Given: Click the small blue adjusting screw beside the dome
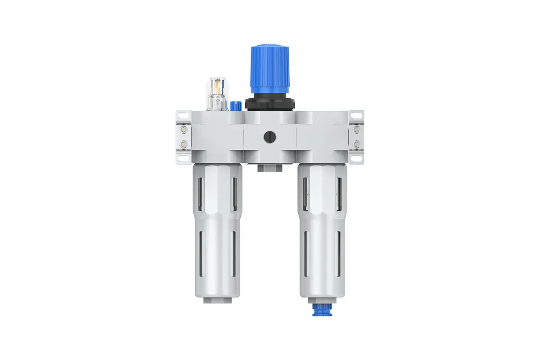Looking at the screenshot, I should click(233, 107).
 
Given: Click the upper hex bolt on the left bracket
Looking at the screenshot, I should click(183, 130).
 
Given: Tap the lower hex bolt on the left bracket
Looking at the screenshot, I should click(183, 144).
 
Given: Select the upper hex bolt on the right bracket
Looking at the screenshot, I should click(357, 130).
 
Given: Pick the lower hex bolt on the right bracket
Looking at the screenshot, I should click(357, 144).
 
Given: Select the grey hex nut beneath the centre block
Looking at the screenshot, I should click(270, 168).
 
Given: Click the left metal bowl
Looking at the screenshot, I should click(218, 234).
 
